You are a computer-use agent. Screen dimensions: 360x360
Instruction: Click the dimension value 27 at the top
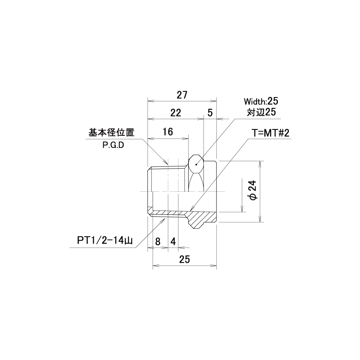click(x=182, y=95)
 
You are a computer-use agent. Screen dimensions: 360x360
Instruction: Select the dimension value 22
click(x=176, y=113)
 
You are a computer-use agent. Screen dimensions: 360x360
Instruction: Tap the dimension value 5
click(x=210, y=113)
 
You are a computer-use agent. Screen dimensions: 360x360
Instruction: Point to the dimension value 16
click(x=167, y=132)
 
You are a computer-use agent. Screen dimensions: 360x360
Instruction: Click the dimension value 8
click(x=158, y=242)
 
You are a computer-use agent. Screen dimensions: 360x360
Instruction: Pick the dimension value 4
click(x=173, y=242)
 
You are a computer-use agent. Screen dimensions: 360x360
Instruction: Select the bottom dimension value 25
click(x=185, y=259)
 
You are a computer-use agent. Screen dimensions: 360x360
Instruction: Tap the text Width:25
click(x=261, y=101)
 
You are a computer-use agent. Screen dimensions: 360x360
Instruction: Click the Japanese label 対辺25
click(x=261, y=112)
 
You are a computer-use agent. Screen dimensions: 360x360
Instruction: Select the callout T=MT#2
click(x=271, y=133)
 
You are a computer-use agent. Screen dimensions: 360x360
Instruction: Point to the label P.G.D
click(x=113, y=145)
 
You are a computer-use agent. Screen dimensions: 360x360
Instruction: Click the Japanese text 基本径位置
click(x=112, y=133)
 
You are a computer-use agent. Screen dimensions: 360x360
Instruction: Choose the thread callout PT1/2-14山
click(x=105, y=241)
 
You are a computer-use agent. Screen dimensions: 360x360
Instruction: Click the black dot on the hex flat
click(x=196, y=164)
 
